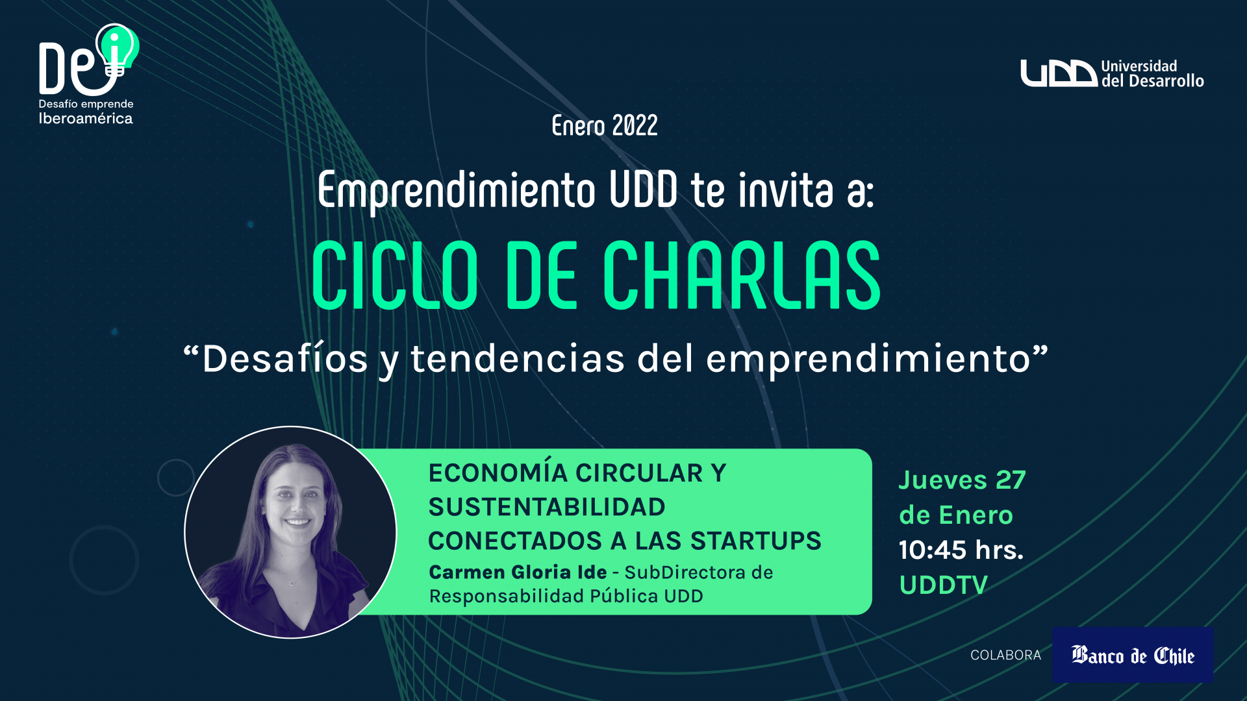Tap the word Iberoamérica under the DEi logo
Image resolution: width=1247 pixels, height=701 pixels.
86,118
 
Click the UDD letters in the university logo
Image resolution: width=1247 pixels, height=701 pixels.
1059,73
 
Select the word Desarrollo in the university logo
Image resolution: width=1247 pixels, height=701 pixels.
1166,81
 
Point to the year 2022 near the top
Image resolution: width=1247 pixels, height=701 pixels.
635,125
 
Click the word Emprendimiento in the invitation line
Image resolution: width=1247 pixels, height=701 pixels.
457,190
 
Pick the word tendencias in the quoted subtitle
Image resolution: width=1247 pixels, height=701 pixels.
518,358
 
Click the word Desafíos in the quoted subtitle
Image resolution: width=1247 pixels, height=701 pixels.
285,358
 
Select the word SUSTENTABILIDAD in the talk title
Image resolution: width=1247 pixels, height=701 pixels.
547,507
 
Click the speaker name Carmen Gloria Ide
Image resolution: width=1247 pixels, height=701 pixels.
518,572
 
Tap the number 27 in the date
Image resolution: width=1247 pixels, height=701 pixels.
1011,480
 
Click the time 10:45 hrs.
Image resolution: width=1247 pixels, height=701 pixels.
961,550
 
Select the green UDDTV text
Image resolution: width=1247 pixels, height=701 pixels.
943,585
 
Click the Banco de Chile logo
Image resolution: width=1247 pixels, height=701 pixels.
1133,654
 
